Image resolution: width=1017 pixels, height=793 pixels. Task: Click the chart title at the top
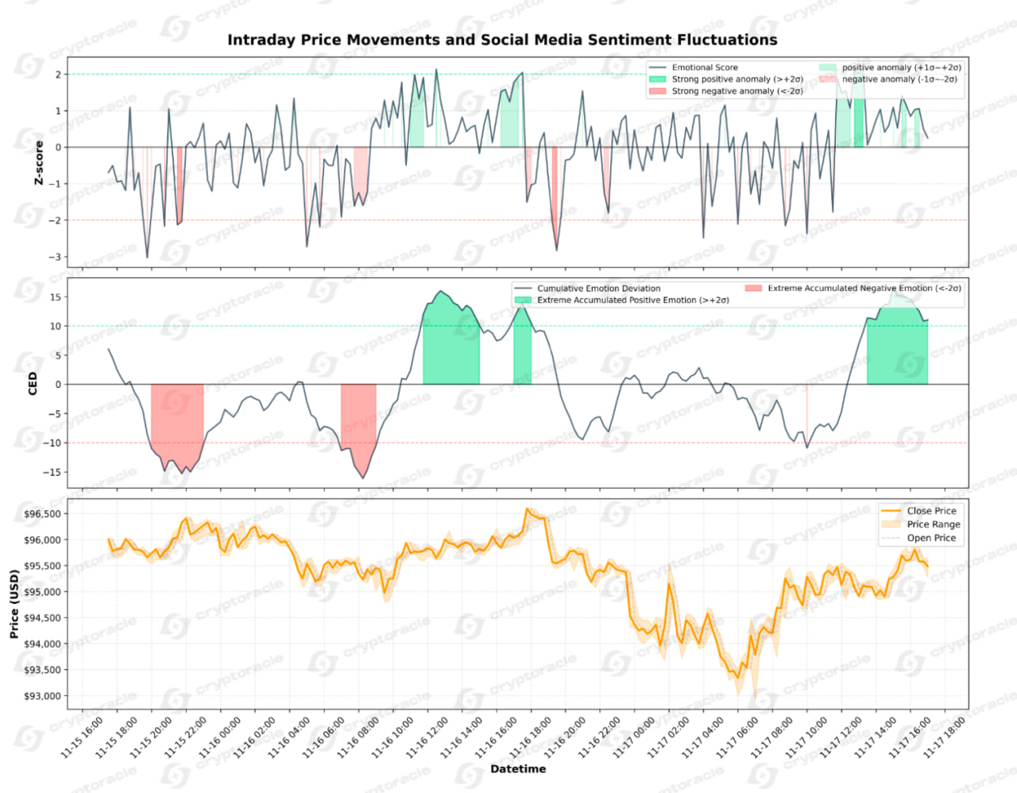point(502,40)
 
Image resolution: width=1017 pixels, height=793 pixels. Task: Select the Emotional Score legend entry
point(704,68)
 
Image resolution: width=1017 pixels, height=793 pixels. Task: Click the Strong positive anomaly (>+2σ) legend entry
point(737,79)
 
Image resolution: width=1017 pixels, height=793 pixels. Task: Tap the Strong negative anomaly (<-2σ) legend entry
point(737,91)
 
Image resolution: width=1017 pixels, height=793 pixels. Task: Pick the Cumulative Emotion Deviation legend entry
point(598,288)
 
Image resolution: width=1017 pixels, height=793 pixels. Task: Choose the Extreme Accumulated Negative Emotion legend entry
point(864,288)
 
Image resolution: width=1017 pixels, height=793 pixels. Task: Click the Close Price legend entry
point(931,511)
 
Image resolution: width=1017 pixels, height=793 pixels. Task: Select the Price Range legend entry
point(933,524)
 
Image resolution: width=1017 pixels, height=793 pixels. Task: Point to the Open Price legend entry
point(931,538)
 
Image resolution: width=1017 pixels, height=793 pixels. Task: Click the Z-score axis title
point(39,163)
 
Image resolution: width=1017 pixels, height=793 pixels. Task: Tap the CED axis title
point(33,383)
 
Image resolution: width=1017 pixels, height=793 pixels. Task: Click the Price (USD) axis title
point(14,604)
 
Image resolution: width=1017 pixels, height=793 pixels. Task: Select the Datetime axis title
point(518,769)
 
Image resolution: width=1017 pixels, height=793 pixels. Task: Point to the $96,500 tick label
point(42,514)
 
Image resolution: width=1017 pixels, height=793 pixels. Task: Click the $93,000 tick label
point(42,696)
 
